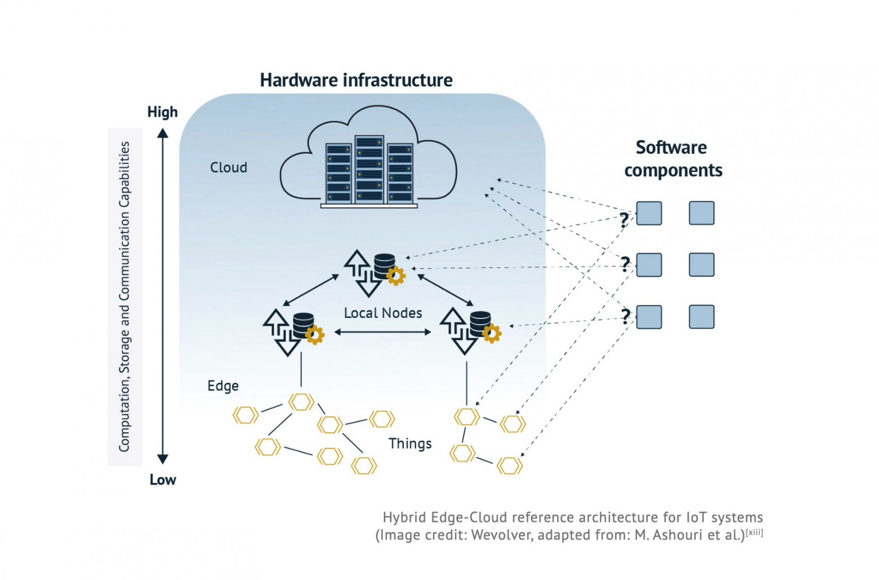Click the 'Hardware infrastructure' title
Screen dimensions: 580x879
pyautogui.click(x=356, y=80)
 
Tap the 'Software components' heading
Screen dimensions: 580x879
pyautogui.click(x=672, y=158)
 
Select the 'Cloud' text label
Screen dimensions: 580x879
pyautogui.click(x=228, y=167)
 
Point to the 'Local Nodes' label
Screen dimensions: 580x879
pyautogui.click(x=383, y=313)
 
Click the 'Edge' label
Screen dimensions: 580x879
pyautogui.click(x=223, y=386)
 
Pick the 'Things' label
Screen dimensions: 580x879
pyautogui.click(x=410, y=444)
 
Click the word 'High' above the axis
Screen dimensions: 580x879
pyautogui.click(x=162, y=112)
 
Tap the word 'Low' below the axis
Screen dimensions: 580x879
pyautogui.click(x=162, y=480)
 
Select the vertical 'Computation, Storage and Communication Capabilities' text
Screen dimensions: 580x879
pyautogui.click(x=125, y=296)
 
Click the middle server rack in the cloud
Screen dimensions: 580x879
pyautogui.click(x=369, y=169)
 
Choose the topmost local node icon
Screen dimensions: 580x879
pyautogui.click(x=374, y=272)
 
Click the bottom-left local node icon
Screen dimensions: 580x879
pyautogui.click(x=292, y=331)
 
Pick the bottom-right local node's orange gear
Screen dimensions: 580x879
pyautogui.click(x=492, y=334)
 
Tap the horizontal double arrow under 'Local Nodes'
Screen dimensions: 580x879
pyautogui.click(x=383, y=332)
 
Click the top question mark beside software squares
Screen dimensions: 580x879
pyautogui.click(x=624, y=220)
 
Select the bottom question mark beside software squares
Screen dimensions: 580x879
pyautogui.click(x=625, y=316)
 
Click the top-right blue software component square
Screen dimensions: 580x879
pyautogui.click(x=702, y=213)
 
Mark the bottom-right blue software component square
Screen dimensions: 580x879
pyautogui.click(x=702, y=317)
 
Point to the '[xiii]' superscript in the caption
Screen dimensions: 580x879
pyautogui.click(x=754, y=532)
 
